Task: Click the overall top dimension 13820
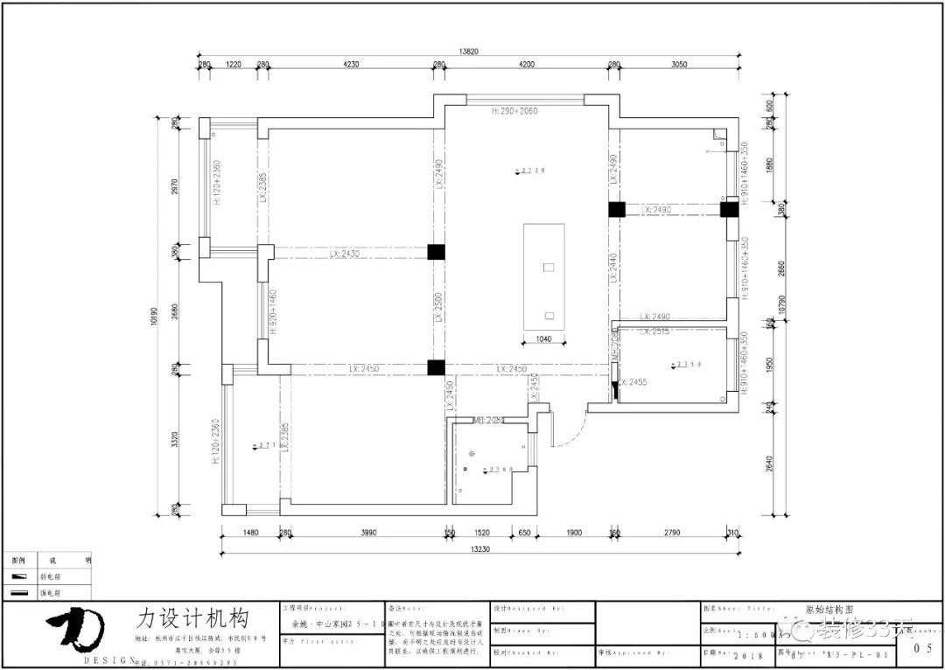[x=469, y=52]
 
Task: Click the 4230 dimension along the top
[x=350, y=65]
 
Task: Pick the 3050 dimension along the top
[x=679, y=65]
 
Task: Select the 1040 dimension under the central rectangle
[x=543, y=338]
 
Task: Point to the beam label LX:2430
[x=346, y=254]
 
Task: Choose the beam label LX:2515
[x=654, y=332]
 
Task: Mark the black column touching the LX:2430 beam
[x=436, y=252]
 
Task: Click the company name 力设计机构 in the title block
[x=192, y=618]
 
